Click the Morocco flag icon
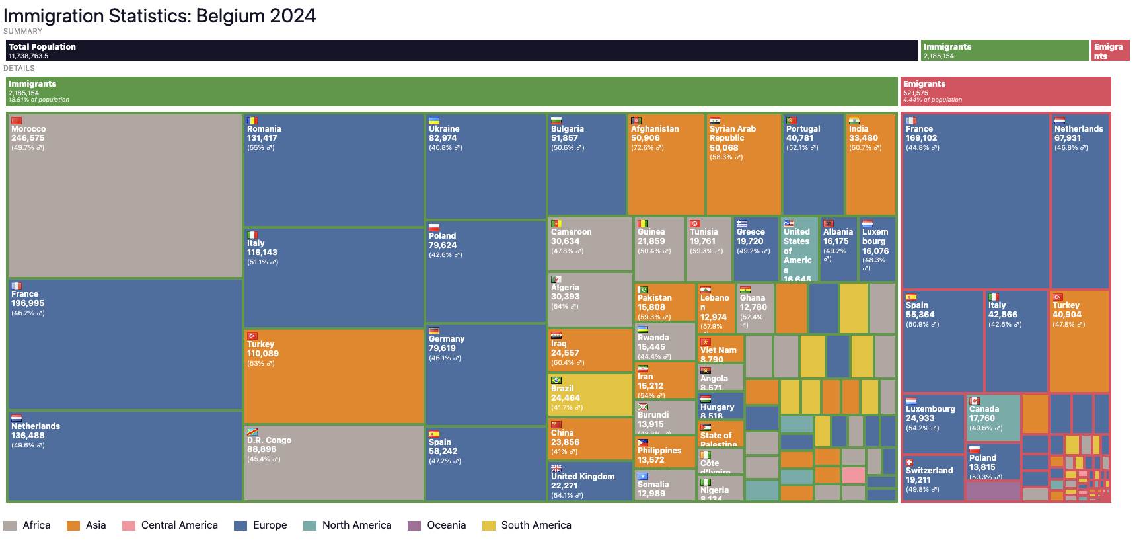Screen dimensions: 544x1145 pos(17,120)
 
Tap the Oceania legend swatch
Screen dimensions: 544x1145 pos(414,525)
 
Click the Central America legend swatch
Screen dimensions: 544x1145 pos(129,525)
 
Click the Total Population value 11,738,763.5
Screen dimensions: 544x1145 pos(28,56)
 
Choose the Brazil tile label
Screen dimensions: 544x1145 pos(562,389)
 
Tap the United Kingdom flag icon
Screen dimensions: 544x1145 pos(556,468)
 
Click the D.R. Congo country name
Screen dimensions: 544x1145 pos(269,440)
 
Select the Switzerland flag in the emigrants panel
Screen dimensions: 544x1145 pos(909,462)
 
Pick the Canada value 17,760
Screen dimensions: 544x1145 pos(982,418)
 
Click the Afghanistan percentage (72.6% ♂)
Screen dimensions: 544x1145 pos(647,148)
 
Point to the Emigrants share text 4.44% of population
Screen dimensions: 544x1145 pos(932,100)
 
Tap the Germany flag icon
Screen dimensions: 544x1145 pos(434,330)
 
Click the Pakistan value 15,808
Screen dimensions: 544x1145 pos(651,307)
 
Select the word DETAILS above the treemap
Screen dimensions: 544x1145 pos(19,68)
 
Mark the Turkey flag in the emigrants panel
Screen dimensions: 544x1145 pos(1057,297)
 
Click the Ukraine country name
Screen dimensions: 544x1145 pos(444,129)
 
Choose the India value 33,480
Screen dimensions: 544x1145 pos(864,138)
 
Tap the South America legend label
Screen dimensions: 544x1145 pos(536,525)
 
